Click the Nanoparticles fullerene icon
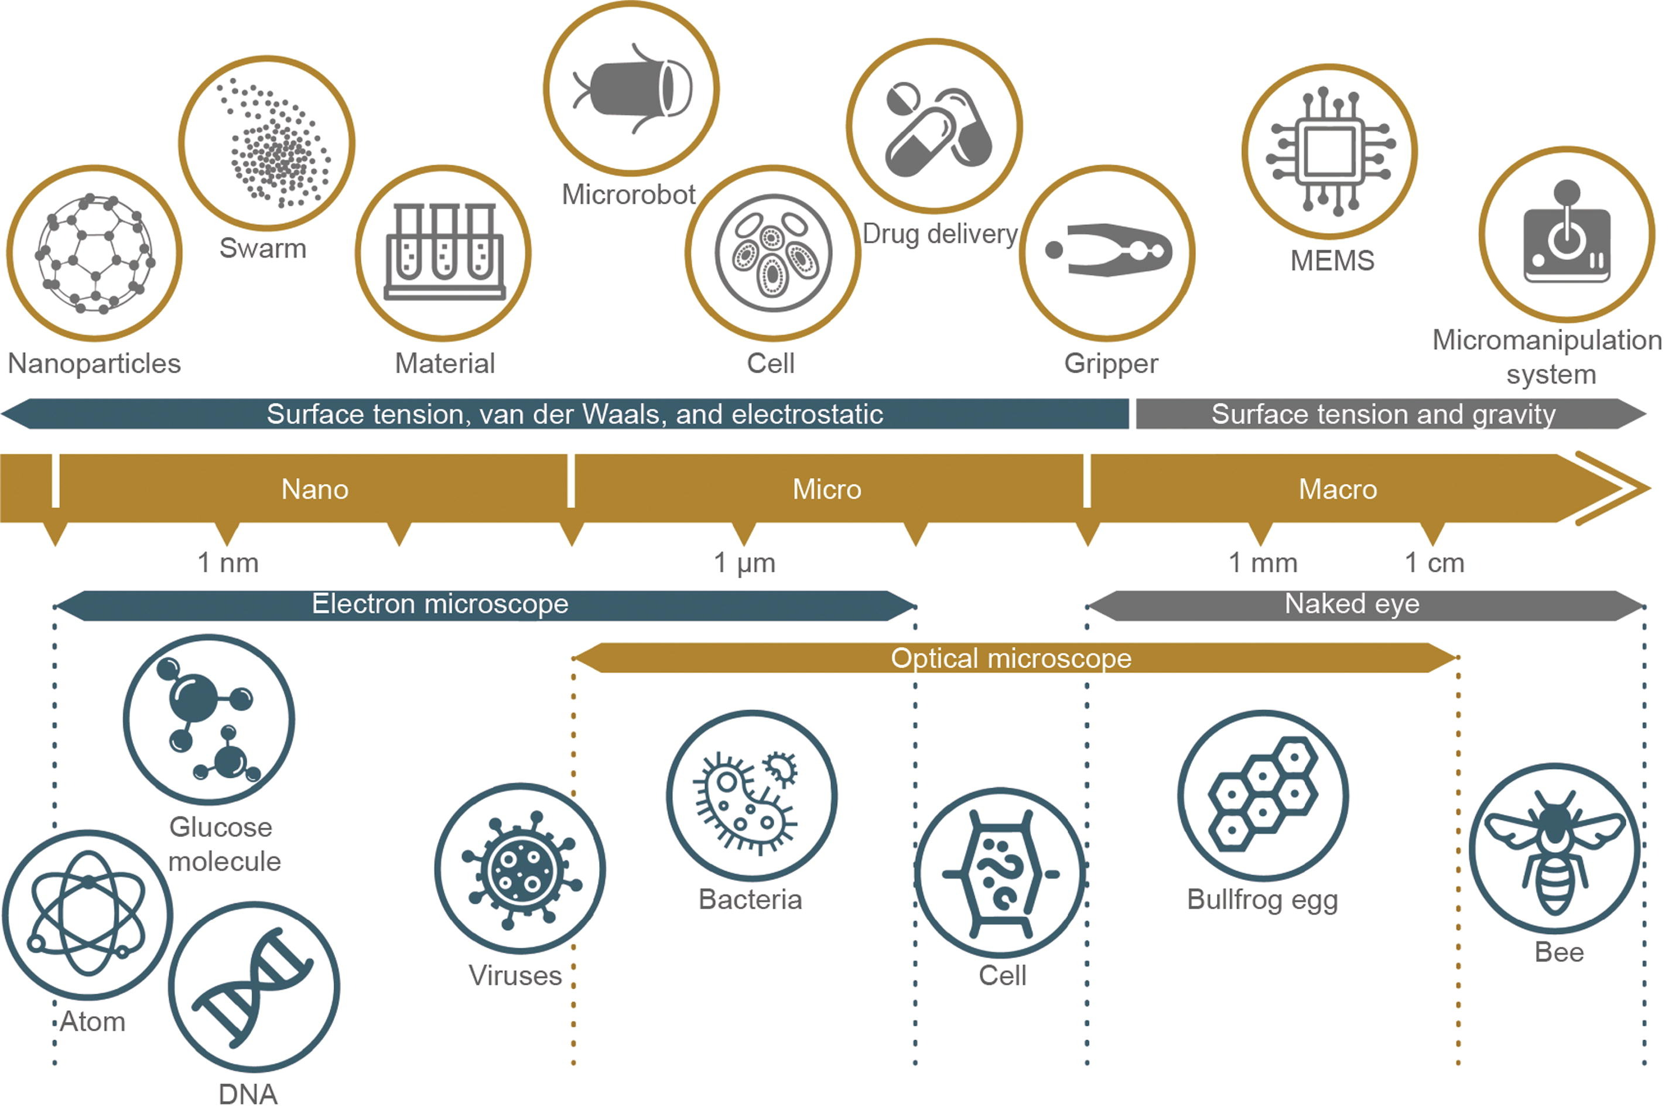coord(94,254)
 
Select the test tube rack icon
coord(443,253)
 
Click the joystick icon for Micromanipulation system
coord(1566,234)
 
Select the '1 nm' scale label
coord(227,563)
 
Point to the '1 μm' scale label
coord(744,563)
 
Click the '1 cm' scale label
coord(1434,563)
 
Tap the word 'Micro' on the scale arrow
coord(827,490)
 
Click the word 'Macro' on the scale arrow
coord(1338,490)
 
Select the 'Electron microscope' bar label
coord(440,604)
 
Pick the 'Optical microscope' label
coord(1011,658)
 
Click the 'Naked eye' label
coord(1352,604)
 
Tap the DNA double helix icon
coord(254,986)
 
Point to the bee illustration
coord(1554,849)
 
